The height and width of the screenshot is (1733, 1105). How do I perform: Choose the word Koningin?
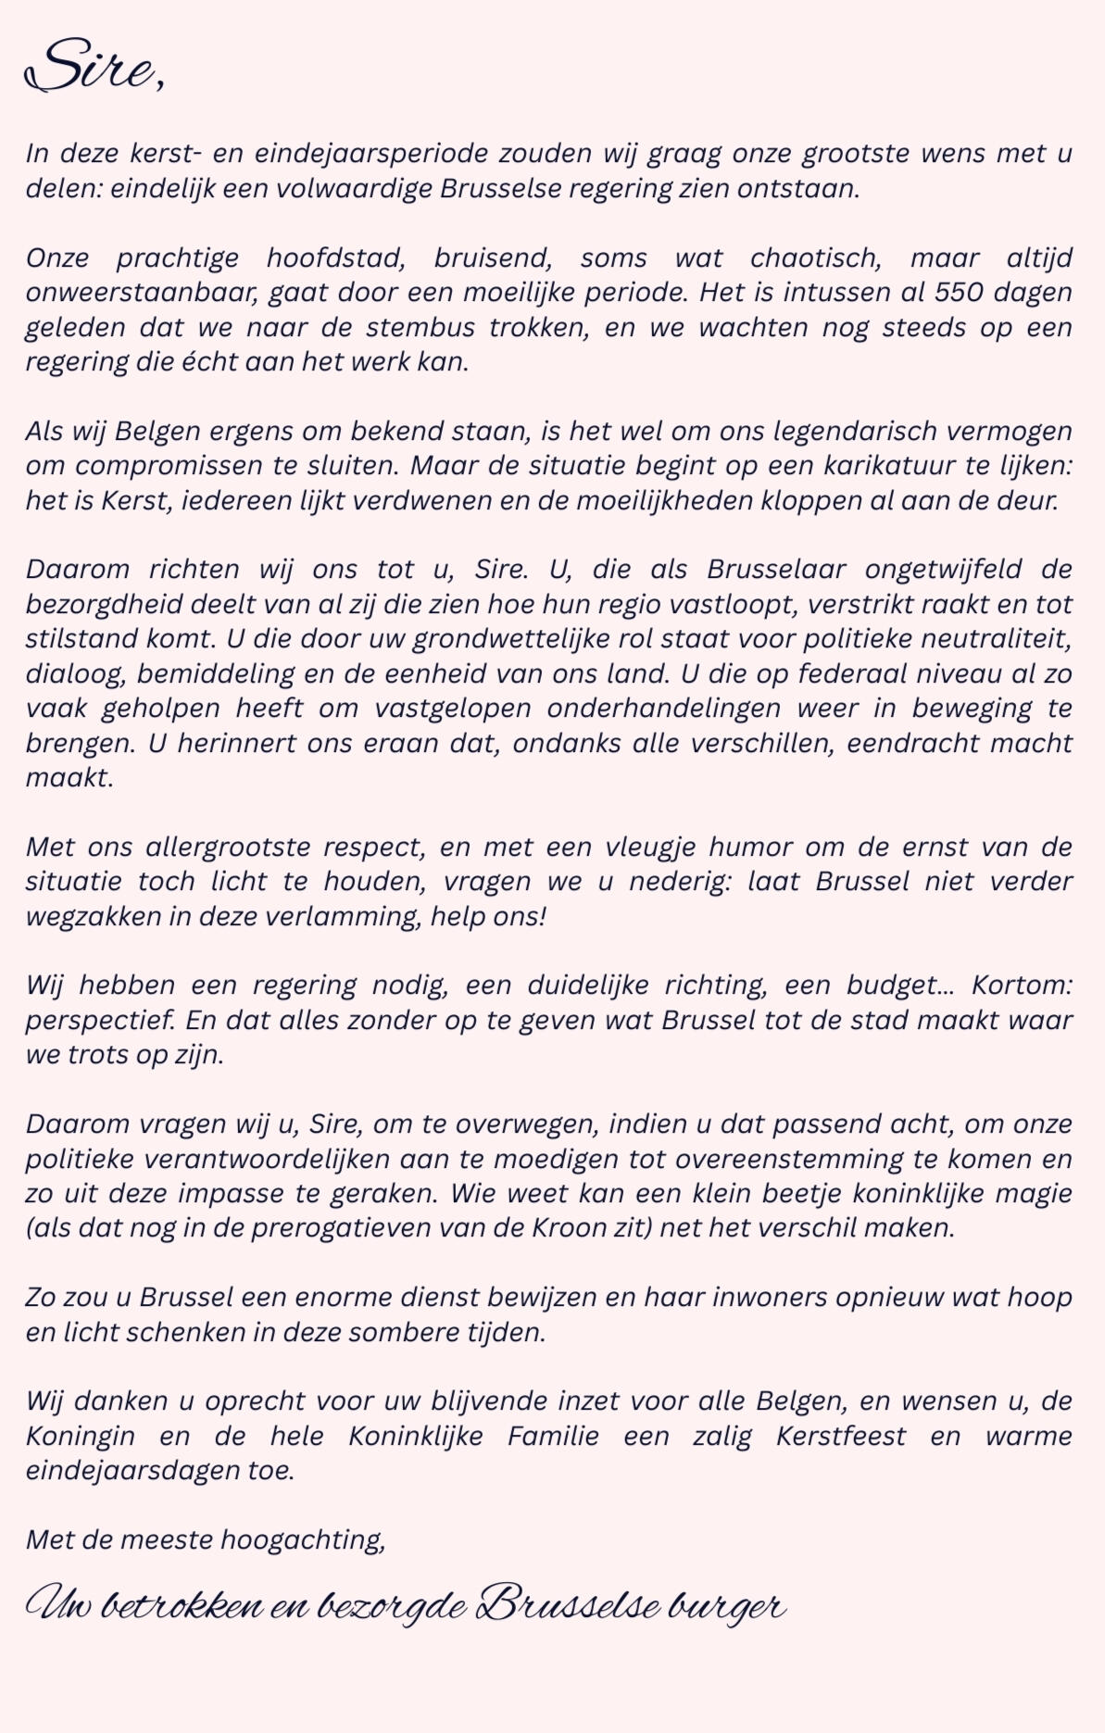pyautogui.click(x=79, y=1436)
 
